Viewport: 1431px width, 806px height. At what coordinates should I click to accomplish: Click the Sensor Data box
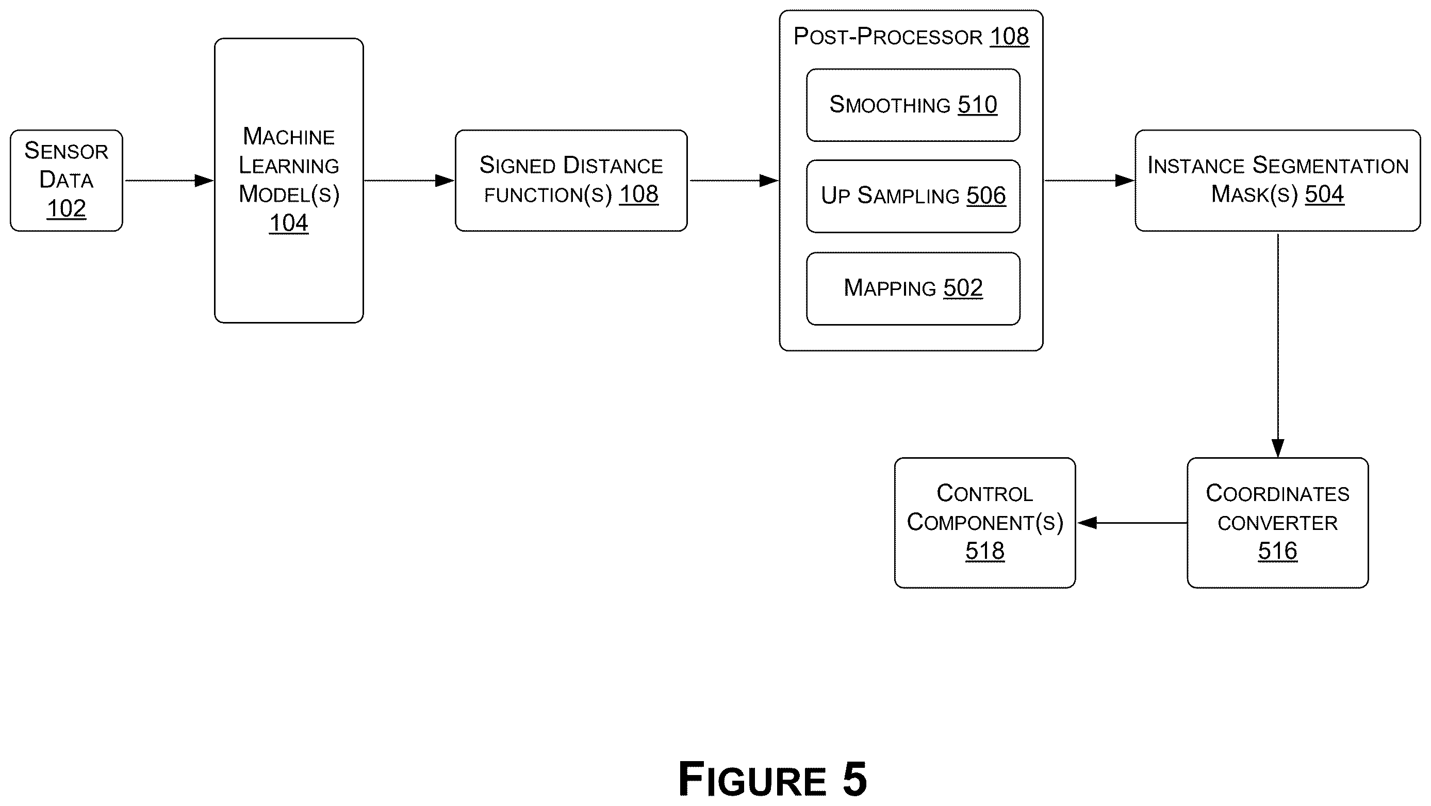coord(66,181)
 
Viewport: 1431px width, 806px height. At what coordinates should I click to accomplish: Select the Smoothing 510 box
coord(913,105)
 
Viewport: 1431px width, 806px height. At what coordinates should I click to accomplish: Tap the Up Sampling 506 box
coord(913,196)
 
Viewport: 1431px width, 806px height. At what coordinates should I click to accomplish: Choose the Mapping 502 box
coord(913,288)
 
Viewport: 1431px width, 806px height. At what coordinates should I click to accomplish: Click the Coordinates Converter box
coord(1278,523)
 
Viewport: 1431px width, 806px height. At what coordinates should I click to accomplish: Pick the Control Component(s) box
coord(985,523)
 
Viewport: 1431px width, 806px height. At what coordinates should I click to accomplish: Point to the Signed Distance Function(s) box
coord(571,181)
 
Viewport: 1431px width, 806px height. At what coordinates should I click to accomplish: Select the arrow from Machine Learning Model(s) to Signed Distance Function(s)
coord(409,181)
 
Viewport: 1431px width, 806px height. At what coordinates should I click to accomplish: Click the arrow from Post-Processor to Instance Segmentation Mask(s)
coord(1089,181)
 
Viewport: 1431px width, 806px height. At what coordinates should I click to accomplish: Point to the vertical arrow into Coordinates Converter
coord(1278,345)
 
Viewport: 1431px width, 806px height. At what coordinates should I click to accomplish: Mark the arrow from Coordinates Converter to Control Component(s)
coord(1132,523)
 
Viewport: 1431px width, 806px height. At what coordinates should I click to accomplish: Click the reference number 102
coord(66,209)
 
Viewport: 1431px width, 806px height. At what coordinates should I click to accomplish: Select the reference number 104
coord(288,223)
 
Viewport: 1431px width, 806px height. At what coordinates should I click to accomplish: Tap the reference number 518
coord(985,551)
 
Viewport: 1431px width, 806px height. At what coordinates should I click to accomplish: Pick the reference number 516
coord(1278,551)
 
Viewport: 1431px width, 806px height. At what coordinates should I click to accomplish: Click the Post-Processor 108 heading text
coord(911,37)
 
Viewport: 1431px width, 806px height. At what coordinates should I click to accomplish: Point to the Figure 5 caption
coord(772,779)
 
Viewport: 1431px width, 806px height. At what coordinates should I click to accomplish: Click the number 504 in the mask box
coord(1324,195)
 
